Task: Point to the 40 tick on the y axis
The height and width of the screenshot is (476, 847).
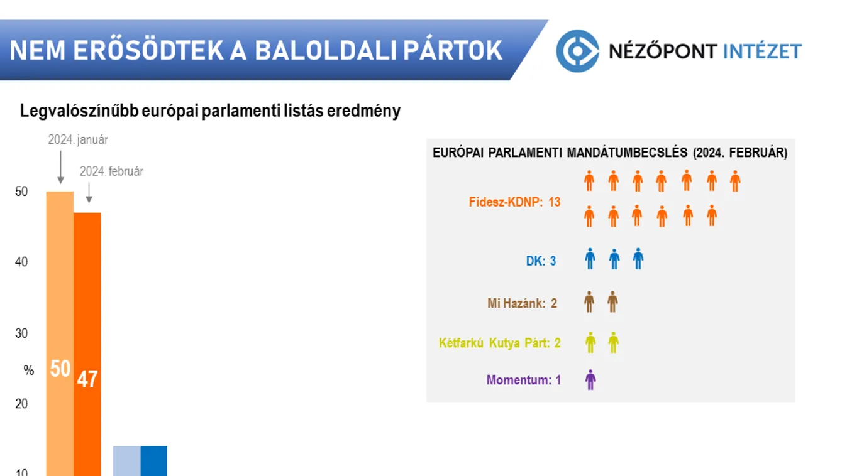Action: point(21,262)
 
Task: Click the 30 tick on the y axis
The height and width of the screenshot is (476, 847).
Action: point(21,333)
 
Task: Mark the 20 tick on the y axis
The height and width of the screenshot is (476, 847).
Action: point(21,404)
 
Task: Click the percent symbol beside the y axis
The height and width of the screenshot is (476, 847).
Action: point(29,371)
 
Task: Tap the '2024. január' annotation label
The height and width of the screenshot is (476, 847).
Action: point(78,140)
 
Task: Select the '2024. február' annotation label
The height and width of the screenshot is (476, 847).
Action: point(111,171)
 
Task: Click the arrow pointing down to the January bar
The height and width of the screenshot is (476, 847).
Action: point(60,166)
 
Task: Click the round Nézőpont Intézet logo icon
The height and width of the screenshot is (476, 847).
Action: point(577,51)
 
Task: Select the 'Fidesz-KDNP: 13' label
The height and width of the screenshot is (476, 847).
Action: point(514,202)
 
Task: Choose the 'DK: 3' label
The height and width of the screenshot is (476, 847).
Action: point(541,261)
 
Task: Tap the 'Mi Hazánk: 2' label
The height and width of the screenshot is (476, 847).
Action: point(522,303)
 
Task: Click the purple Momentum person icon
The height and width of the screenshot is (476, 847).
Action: point(590,379)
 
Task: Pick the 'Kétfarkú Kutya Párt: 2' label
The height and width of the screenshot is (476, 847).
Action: point(499,343)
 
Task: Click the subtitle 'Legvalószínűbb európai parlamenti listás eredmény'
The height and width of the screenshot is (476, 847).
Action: point(210,111)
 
